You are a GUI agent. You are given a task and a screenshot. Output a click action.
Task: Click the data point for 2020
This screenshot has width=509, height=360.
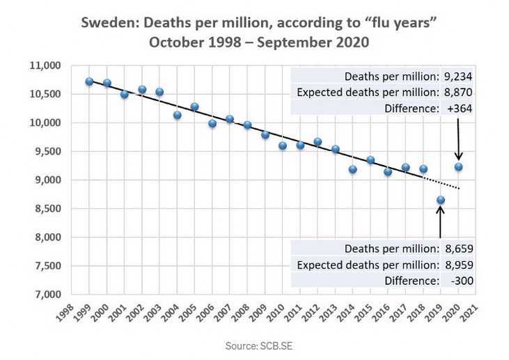click(x=458, y=167)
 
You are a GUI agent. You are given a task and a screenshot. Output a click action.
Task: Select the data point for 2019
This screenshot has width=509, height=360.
click(x=441, y=200)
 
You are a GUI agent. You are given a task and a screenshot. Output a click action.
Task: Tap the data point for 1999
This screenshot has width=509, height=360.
click(x=89, y=81)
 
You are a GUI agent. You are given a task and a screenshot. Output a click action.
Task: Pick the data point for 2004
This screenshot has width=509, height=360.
click(x=177, y=115)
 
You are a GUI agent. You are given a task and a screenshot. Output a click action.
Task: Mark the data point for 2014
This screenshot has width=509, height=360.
click(x=353, y=169)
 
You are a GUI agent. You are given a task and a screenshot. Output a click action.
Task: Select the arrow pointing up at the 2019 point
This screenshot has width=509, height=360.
click(x=441, y=223)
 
